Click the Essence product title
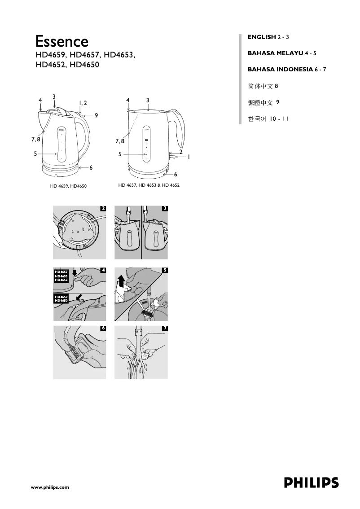click(62, 41)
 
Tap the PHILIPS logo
click(311, 483)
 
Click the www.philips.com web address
click(49, 487)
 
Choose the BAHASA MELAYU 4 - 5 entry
click(282, 53)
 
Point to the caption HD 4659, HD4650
click(68, 186)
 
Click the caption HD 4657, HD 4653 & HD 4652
click(149, 185)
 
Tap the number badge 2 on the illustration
click(103, 208)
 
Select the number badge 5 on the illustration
click(165, 270)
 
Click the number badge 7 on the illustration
click(165, 329)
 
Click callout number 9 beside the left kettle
click(96, 115)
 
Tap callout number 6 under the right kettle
click(176, 174)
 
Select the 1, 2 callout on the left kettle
click(83, 103)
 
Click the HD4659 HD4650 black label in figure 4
click(61, 298)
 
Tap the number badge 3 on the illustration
click(165, 208)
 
